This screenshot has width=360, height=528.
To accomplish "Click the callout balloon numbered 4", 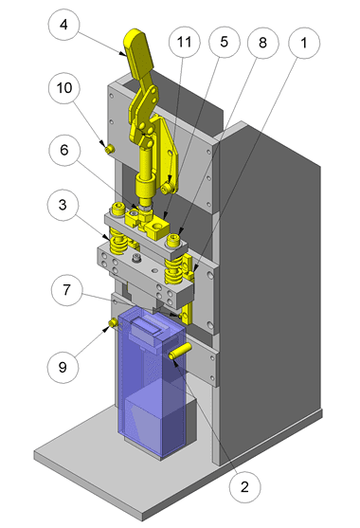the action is click(x=63, y=25).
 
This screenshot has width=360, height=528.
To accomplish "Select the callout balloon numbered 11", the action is click(x=184, y=42).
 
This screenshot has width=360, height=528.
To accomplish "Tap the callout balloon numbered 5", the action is click(x=225, y=42).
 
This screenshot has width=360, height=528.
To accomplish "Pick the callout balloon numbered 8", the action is click(x=262, y=43).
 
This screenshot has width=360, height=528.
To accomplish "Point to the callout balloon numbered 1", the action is click(x=304, y=43).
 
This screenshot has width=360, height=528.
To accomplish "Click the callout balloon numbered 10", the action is click(x=64, y=88).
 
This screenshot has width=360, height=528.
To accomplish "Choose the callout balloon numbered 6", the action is click(x=64, y=150).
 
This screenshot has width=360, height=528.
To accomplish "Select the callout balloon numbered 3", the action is click(x=63, y=205).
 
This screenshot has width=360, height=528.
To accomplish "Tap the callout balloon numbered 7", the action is click(x=66, y=290).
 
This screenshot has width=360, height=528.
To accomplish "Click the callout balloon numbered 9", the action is click(x=63, y=368).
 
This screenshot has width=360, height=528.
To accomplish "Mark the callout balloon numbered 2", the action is click(x=244, y=487).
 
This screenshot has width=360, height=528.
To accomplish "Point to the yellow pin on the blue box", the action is click(x=180, y=351).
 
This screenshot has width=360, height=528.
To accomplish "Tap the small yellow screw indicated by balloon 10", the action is click(x=109, y=150).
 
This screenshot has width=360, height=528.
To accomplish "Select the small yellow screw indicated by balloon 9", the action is click(x=113, y=323).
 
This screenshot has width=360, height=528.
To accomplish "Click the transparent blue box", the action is click(x=152, y=380).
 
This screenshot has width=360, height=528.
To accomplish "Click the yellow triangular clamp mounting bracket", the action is click(x=166, y=155).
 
